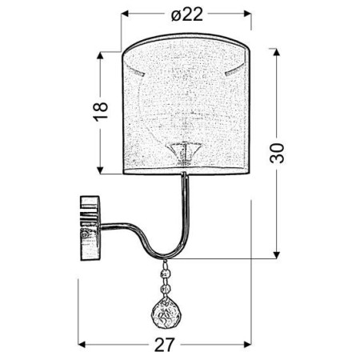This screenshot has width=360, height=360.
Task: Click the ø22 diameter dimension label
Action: tap(186, 14)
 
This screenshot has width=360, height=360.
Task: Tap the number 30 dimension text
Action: tap(278, 153)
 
